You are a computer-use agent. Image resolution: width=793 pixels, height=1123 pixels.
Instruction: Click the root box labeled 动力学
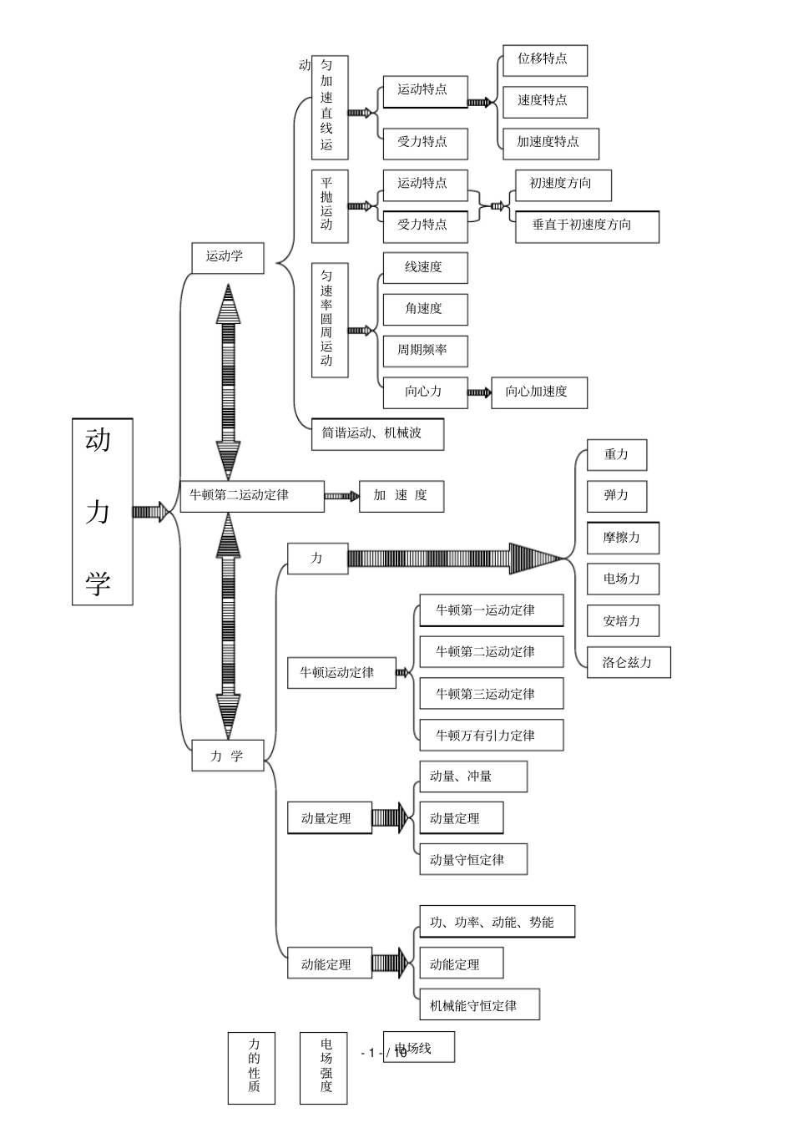point(102,511)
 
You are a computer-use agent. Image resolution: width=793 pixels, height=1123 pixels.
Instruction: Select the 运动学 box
point(228,257)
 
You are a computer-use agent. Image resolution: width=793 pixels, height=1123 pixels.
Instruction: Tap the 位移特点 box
point(544,60)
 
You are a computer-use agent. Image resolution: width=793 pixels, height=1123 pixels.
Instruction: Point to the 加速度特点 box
point(550,143)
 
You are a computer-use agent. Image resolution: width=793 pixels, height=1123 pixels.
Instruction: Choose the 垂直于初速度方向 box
point(583,226)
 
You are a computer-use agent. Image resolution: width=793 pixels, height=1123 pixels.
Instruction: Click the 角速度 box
point(425,310)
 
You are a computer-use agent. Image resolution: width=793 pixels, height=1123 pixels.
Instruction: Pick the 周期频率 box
point(425,351)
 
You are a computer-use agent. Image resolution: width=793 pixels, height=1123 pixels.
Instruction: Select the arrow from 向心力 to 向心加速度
point(479,392)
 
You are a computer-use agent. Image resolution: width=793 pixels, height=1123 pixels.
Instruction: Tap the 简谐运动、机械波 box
point(377,434)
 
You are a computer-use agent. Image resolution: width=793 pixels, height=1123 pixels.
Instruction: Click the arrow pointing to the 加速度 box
point(341,496)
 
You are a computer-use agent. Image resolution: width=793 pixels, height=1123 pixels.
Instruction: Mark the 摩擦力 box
point(623,539)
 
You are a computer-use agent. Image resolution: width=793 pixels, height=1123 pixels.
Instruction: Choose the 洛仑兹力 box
point(629,663)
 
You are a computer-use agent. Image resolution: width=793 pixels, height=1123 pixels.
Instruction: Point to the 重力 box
point(617,455)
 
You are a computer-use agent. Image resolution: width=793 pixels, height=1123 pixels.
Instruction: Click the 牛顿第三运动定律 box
point(491,694)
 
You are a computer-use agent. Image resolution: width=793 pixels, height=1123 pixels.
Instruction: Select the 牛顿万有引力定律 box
point(491,736)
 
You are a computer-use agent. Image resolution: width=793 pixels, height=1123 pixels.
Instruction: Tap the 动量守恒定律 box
point(472,860)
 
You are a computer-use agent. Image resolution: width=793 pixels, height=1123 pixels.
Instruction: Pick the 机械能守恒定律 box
point(479,1005)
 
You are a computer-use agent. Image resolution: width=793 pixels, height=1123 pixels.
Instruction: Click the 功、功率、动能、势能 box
point(497,923)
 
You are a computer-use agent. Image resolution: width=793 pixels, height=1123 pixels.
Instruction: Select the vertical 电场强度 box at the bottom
point(323,1067)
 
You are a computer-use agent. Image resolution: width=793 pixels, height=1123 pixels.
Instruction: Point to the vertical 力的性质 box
point(251,1067)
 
